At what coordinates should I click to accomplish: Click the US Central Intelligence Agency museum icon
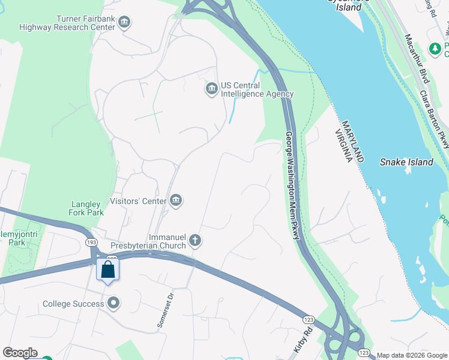[x=211, y=89]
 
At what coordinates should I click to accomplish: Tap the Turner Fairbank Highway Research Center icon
[x=124, y=23]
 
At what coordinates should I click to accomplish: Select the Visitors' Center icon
[x=176, y=200]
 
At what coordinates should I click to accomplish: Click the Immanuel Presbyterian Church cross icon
[x=194, y=241]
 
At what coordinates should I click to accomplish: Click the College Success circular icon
[x=114, y=304]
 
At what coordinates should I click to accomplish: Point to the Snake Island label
[x=406, y=162]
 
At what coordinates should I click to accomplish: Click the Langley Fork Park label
[x=86, y=208]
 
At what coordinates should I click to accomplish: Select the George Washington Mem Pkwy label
[x=292, y=186]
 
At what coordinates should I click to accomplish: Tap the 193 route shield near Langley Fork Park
[x=91, y=242]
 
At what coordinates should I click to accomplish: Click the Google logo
[x=20, y=353]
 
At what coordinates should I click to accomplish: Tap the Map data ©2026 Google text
[x=411, y=355]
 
